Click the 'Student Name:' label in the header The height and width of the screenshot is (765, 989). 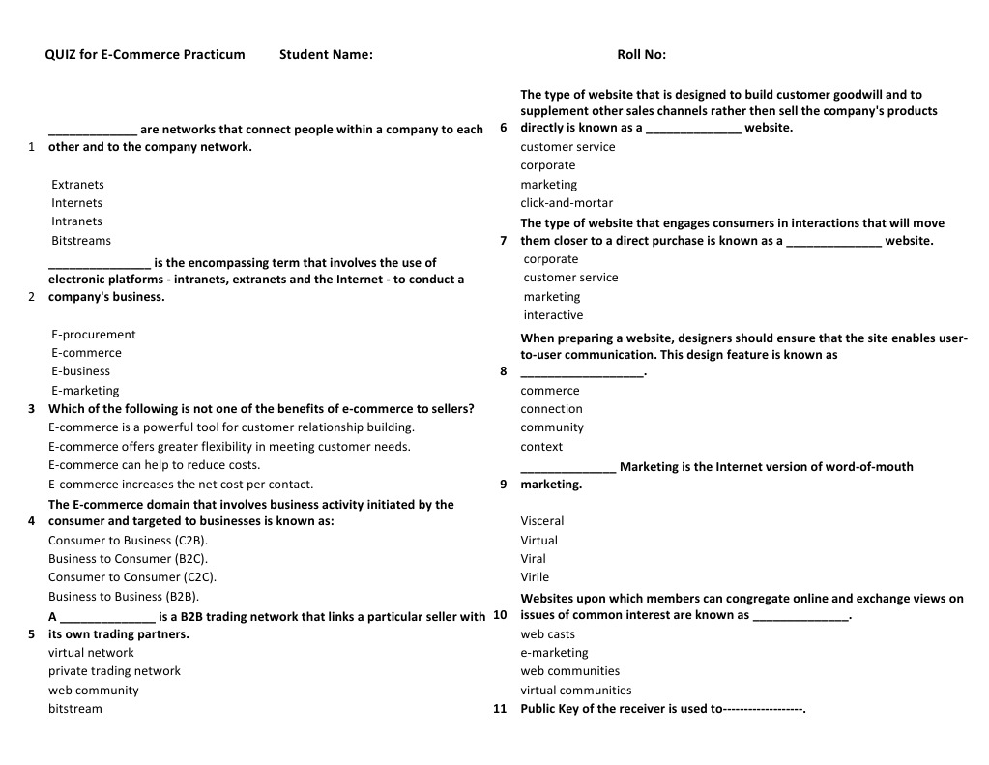click(326, 55)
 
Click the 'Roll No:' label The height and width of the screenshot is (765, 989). click(641, 55)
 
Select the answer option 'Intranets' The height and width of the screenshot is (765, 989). click(76, 221)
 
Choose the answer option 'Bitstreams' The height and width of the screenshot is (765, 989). click(81, 241)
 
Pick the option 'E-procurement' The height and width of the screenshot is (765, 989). click(93, 335)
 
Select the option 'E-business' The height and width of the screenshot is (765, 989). click(80, 371)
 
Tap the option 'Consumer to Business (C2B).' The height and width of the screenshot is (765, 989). click(128, 541)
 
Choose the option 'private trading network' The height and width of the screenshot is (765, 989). click(114, 671)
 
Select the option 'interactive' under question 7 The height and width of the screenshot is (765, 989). click(553, 315)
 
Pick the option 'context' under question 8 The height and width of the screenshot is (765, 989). click(541, 447)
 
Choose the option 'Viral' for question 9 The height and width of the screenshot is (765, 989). click(533, 559)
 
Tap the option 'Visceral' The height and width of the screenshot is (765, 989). click(541, 521)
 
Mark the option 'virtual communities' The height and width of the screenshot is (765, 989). click(575, 691)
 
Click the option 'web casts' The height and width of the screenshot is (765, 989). click(547, 634)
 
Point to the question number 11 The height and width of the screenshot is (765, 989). click(500, 709)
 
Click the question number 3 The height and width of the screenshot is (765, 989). click(32, 409)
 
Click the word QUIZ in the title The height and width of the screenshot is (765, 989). click(60, 55)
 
